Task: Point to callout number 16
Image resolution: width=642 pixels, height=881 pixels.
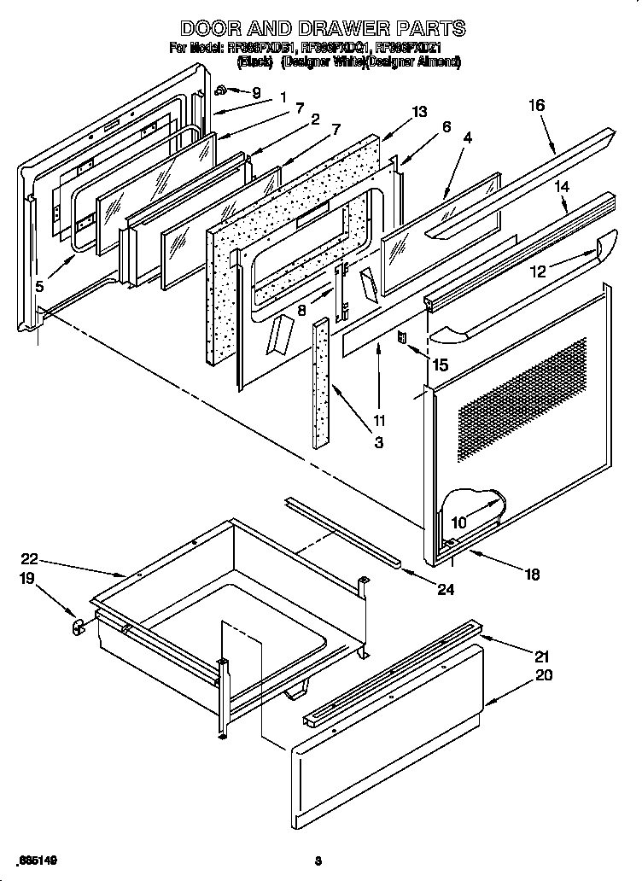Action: pyautogui.click(x=536, y=105)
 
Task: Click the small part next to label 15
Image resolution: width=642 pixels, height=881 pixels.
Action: pyautogui.click(x=401, y=338)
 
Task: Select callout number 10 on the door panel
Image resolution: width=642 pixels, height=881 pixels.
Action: pyautogui.click(x=459, y=520)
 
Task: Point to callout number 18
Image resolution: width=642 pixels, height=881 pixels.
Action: pyautogui.click(x=531, y=575)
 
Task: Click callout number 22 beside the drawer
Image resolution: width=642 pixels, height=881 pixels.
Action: pyautogui.click(x=29, y=559)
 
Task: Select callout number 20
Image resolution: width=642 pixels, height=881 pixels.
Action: pyautogui.click(x=543, y=674)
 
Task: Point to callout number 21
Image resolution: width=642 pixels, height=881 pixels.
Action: pyautogui.click(x=543, y=656)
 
